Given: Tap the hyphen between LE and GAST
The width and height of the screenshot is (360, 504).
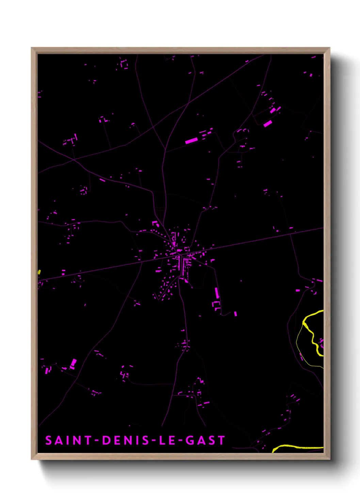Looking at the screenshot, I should (x=180, y=441).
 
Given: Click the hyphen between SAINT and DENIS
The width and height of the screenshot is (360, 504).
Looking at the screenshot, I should (x=97, y=441).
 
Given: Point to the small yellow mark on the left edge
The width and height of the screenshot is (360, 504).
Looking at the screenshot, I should (x=39, y=272).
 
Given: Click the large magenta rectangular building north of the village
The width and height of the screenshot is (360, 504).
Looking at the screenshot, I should (x=191, y=140).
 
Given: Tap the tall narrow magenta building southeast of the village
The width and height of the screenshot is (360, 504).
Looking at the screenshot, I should (x=217, y=293).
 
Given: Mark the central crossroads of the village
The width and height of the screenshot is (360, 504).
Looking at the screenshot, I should (x=181, y=254).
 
